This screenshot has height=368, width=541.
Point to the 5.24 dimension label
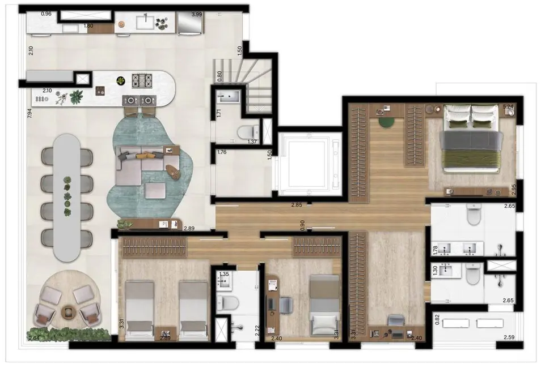pyautogui.click(x=508, y=106)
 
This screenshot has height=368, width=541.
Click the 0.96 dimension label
pyautogui.click(x=47, y=14)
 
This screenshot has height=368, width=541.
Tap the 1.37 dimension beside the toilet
pyautogui.click(x=252, y=142)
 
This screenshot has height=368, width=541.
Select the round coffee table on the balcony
pyautogui.click(x=69, y=310)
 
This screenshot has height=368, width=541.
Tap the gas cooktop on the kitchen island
pyautogui.click(x=143, y=80)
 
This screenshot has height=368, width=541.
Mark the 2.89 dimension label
pyautogui.click(x=190, y=228)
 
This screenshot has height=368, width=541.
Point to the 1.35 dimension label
pyautogui.click(x=225, y=275)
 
